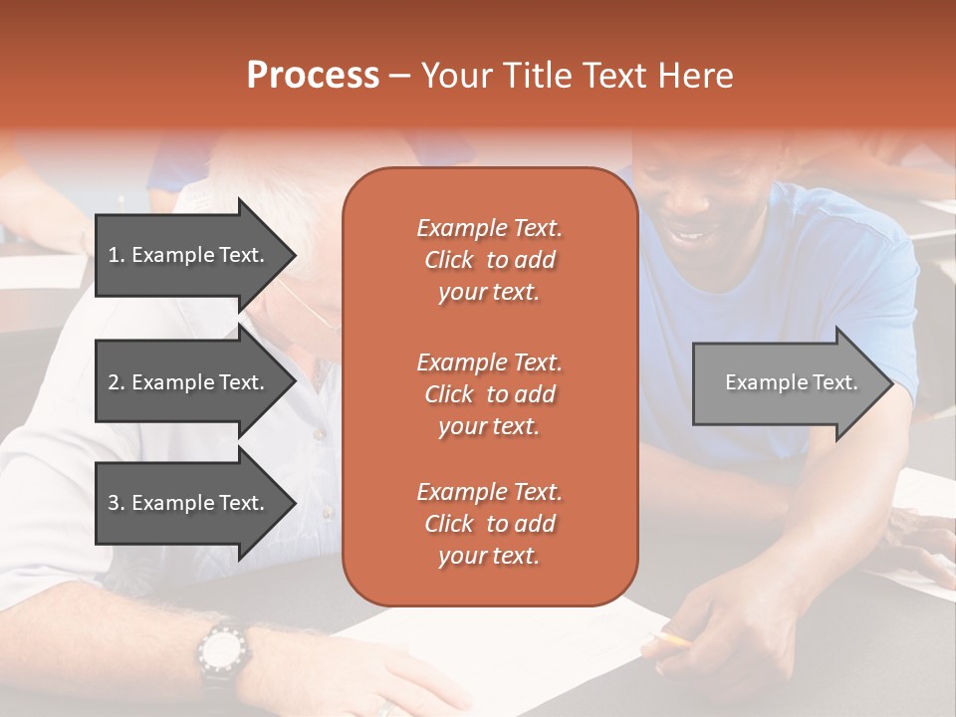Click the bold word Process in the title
pos(313,76)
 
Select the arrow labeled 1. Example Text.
pos(189,255)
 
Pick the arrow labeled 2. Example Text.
pos(189,382)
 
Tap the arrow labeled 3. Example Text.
pos(189,503)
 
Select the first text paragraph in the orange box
pos(489,260)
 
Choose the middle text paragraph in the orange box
pos(489,394)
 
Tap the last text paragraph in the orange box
pos(489,524)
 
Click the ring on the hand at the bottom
pos(386,709)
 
